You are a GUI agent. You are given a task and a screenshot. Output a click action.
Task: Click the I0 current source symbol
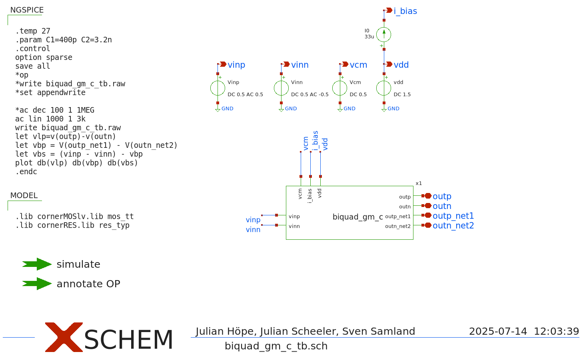[384, 35]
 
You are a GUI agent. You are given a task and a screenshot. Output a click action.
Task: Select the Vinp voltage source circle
[218, 88]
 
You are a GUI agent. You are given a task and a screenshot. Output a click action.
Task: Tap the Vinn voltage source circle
[281, 88]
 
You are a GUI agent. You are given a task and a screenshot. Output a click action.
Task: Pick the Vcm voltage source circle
[340, 88]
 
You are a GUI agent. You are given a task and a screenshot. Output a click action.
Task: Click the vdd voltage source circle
[384, 88]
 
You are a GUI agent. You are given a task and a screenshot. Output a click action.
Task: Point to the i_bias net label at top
[405, 11]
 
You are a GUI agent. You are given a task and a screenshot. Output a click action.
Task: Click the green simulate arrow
[37, 264]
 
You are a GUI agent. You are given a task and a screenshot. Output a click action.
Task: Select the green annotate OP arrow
[37, 284]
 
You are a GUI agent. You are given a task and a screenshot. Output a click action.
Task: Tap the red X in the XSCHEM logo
[64, 337]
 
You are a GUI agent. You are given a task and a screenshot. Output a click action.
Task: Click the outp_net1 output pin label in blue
[453, 216]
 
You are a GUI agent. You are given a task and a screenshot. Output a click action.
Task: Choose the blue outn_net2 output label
[453, 226]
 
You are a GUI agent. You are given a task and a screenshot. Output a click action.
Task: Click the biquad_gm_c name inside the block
[357, 217]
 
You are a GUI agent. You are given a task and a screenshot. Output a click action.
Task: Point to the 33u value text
[369, 37]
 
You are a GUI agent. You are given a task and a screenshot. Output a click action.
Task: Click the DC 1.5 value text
[402, 95]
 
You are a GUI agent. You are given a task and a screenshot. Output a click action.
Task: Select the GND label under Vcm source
[349, 109]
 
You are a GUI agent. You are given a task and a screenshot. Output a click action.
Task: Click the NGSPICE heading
[27, 10]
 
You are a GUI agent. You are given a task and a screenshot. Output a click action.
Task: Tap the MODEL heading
[24, 195]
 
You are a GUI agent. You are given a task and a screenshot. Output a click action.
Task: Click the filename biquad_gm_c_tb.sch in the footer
[276, 346]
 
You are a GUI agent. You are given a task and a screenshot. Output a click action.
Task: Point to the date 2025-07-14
[498, 331]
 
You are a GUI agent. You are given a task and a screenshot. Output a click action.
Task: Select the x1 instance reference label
[419, 183]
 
